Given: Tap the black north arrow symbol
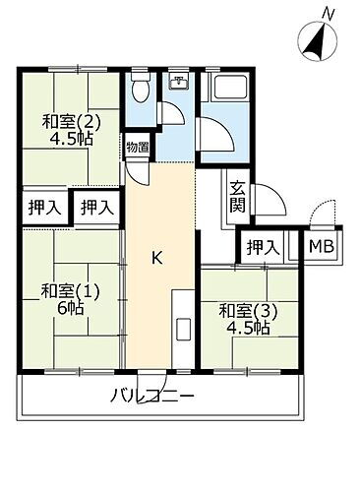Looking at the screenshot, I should pos(318,42).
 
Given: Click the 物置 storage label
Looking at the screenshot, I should pos(137,149).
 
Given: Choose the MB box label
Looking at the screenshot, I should pos(320,247).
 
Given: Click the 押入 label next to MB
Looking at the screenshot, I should pos(261,247).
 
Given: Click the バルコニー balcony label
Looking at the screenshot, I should pos(152,398).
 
